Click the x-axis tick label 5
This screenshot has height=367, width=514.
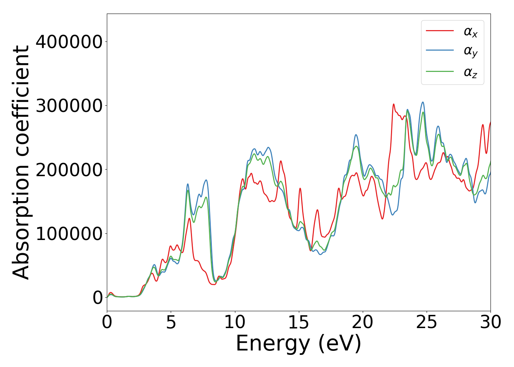click(171, 323)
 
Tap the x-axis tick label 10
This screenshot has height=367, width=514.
click(235, 323)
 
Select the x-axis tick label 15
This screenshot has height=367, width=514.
click(299, 323)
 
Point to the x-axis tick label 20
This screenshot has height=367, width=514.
click(363, 323)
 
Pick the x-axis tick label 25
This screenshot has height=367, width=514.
click(427, 323)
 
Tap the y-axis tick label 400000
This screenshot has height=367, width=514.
click(69, 42)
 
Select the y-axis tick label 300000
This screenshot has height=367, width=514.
click(69, 106)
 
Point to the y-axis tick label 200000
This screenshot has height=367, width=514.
click(69, 170)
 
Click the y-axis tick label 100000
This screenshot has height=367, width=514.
click(69, 233)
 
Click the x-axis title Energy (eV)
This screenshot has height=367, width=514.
click(298, 344)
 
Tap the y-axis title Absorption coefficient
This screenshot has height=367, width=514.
click(21, 162)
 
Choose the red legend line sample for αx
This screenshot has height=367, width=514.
click(439, 31)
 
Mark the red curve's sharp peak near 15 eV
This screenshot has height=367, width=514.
click(300, 188)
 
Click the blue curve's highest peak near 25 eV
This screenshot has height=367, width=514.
click(423, 102)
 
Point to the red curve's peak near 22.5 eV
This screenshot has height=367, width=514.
click(394, 104)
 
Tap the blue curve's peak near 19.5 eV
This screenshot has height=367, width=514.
click(356, 135)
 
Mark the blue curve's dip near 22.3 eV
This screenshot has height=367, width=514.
click(392, 214)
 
